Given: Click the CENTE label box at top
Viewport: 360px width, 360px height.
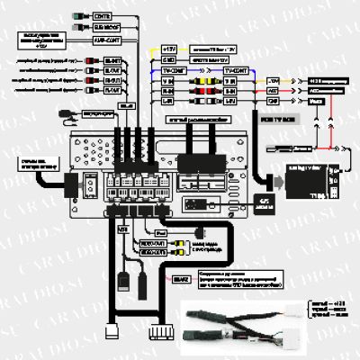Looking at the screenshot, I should pyautogui.click(x=103, y=16).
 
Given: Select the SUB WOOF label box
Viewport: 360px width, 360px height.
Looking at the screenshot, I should pyautogui.click(x=103, y=28).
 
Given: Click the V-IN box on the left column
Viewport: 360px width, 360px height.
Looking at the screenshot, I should pyautogui.click(x=167, y=78).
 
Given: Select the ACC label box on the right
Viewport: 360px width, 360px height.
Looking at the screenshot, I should pyautogui.click(x=274, y=92).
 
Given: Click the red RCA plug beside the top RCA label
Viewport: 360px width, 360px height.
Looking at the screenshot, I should pyautogui.click(x=94, y=60).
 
